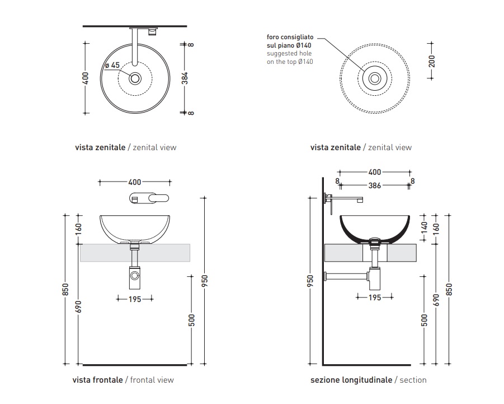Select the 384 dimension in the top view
coord(185,77)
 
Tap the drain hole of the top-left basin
coord(135,78)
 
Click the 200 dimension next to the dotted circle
coord(431,61)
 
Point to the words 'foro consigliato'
coord(290,37)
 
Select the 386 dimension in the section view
coord(374,185)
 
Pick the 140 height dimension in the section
coord(423,227)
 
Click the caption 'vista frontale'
coord(97,380)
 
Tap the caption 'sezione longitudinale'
coord(351,380)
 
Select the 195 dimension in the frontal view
coord(135,299)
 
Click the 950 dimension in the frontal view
coord(205,280)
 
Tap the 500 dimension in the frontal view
coord(191,320)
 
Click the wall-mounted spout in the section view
coord(346,198)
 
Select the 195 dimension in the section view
coord(374,298)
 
